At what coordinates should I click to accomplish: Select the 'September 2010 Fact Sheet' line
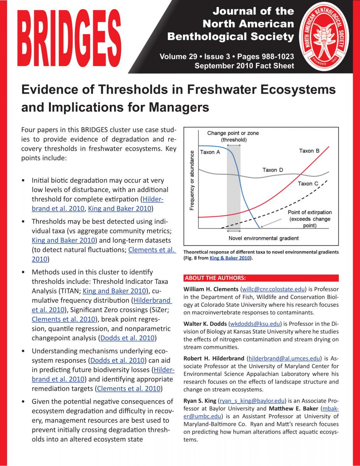tap(244, 66)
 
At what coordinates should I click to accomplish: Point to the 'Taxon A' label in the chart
tap(210, 152)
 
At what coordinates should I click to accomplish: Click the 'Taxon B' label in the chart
tap(309, 151)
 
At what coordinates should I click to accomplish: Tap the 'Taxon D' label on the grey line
tap(273, 170)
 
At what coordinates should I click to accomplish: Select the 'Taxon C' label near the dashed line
tap(308, 183)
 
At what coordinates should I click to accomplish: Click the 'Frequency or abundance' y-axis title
tap(192, 180)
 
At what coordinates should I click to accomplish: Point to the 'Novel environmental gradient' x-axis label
tap(264, 238)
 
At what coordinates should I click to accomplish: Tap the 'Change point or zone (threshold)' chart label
tap(233, 136)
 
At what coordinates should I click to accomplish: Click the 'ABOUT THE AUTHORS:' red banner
tap(215, 278)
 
